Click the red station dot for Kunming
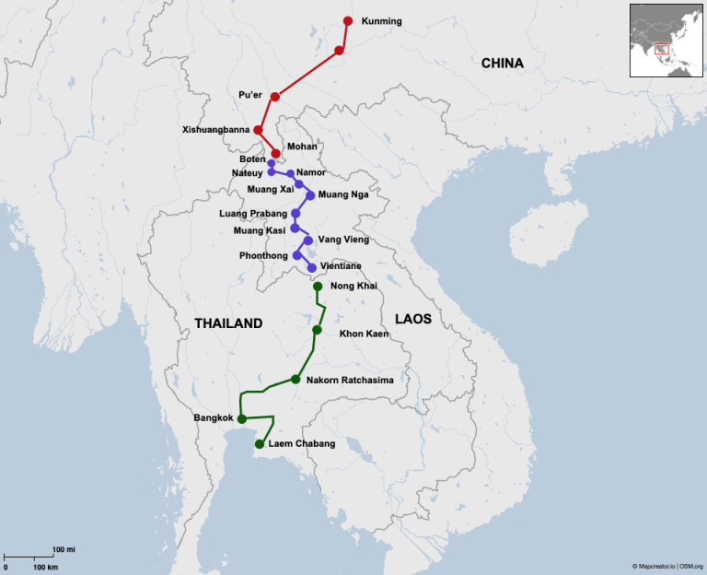coord(347,20)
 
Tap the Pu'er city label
coord(250,95)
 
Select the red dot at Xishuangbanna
coord(258,130)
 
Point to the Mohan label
coord(302,147)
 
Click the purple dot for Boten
coord(271,163)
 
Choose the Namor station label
coord(312,172)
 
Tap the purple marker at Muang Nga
coord(310,194)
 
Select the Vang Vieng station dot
coord(307,240)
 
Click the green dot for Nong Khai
coord(318,287)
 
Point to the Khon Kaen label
coord(364,333)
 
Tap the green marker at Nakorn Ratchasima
coord(296,379)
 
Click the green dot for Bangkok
coord(241,418)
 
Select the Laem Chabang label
coord(301,443)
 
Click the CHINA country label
coord(502,64)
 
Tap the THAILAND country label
coord(228,323)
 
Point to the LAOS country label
coord(412,319)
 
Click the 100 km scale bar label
coord(46,567)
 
